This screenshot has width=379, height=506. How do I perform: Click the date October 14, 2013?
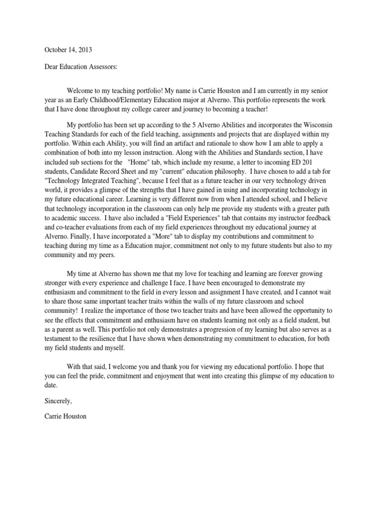tap(68, 50)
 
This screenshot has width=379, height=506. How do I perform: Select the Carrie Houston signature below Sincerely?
tap(65, 417)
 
